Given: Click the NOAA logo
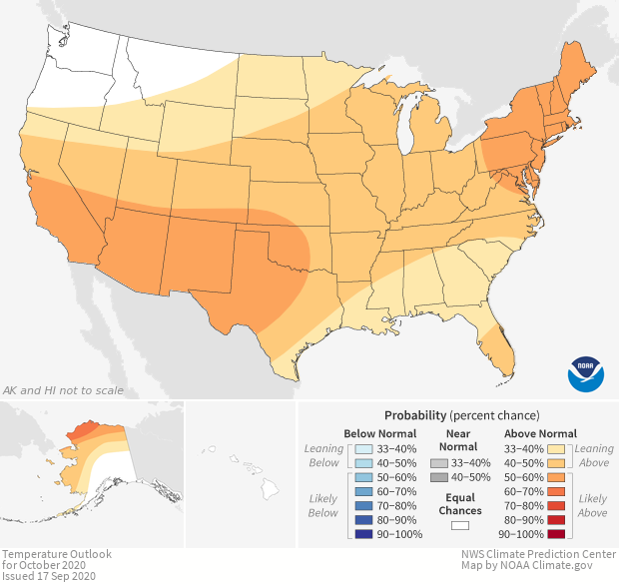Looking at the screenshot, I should coord(585,372).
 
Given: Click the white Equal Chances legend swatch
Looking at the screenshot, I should coord(459,524).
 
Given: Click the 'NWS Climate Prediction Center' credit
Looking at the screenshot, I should coord(537,554).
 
